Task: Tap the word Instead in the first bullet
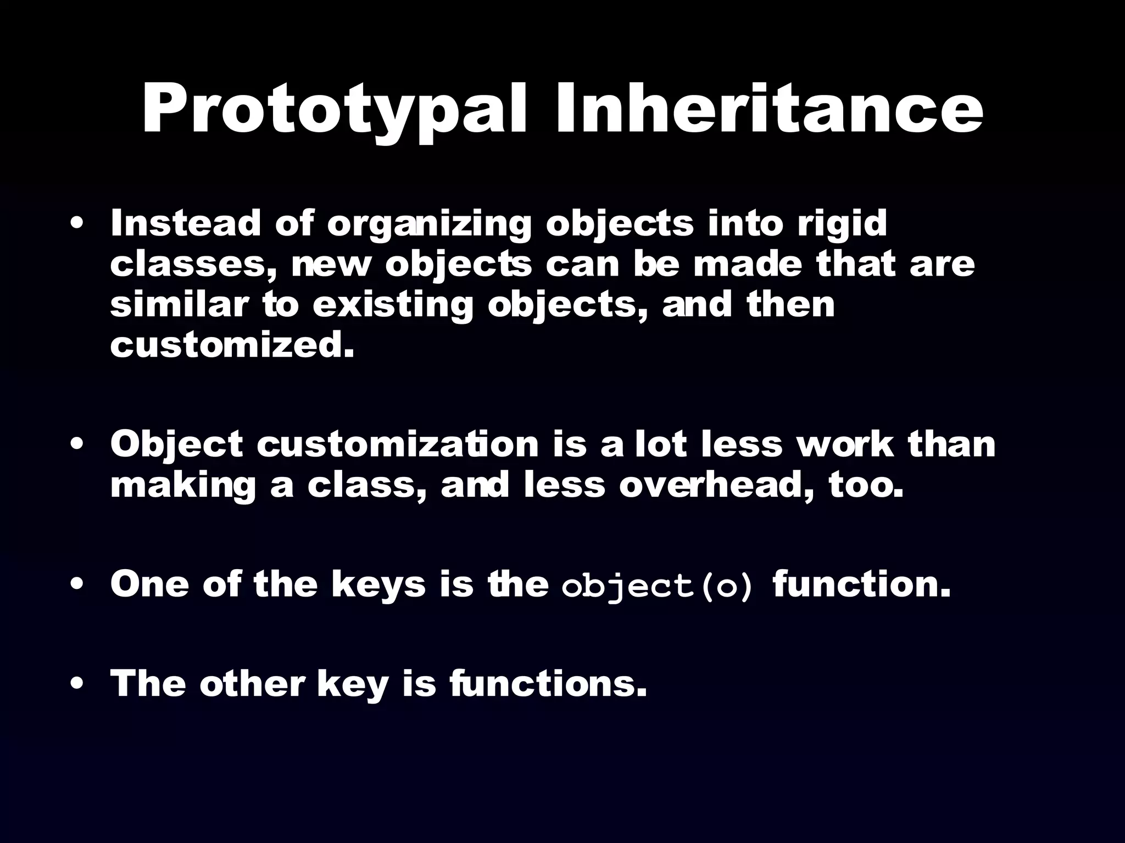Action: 185,223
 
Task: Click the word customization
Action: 398,445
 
